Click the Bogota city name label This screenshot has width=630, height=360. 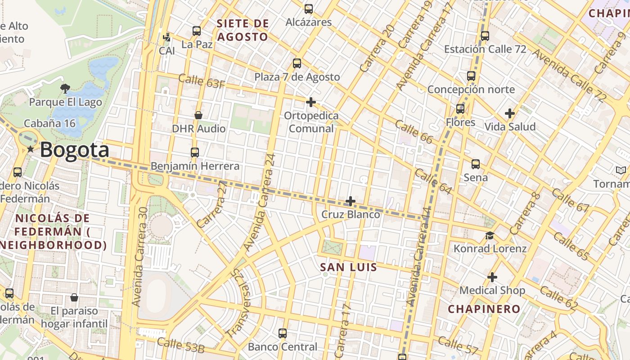click(74, 150)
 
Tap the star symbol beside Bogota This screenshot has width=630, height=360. click(30, 149)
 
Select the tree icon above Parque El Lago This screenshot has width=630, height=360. click(65, 88)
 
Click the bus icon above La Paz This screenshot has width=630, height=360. click(197, 31)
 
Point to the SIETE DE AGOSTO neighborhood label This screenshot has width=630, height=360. click(243, 30)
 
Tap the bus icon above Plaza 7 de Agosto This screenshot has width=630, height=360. click(297, 63)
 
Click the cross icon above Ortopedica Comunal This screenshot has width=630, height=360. click(310, 102)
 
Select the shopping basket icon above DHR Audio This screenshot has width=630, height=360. click(198, 115)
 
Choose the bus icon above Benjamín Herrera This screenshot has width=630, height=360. click(195, 153)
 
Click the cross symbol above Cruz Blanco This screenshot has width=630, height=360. click(351, 201)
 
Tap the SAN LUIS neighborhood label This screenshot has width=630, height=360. click(348, 267)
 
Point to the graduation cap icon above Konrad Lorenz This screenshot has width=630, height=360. click(490, 235)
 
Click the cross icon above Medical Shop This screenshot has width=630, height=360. click(492, 277)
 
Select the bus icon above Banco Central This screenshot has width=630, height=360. click(283, 333)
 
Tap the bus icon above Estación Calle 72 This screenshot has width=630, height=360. click(485, 36)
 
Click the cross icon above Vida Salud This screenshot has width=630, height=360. click(510, 113)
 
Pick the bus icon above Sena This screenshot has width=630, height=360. click(476, 164)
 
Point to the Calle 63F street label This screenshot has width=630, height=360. click(202, 81)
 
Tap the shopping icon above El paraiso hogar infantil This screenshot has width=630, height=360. click(74, 297)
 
